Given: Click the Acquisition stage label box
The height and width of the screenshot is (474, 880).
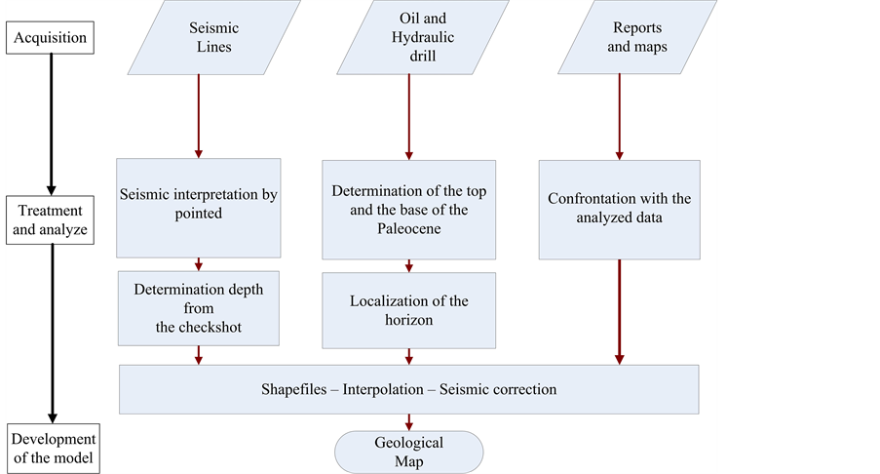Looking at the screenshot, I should [51, 39].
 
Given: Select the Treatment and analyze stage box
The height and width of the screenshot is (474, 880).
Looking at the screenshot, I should [51, 220].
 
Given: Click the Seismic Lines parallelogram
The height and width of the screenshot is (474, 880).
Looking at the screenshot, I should [210, 37].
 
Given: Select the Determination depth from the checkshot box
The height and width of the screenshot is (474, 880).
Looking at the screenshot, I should [199, 308].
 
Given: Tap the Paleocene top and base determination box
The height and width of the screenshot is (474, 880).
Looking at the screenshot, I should [409, 208].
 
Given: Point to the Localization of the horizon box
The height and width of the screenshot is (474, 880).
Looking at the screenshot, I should [409, 309].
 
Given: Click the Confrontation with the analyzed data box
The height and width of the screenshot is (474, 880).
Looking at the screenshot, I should [619, 208].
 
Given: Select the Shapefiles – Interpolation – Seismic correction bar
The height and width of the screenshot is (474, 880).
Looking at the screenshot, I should [409, 389].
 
